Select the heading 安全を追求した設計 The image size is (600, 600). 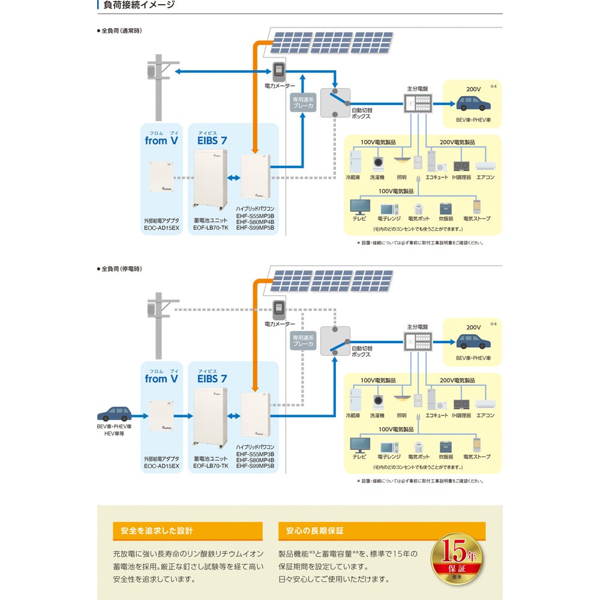pyautogui.click(x=157, y=531)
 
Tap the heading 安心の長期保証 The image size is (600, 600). pyautogui.click(x=315, y=531)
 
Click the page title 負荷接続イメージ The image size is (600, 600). pyautogui.click(x=139, y=5)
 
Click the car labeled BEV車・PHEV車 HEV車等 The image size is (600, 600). pyautogui.click(x=114, y=413)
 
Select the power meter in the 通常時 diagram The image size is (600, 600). pyautogui.click(x=277, y=71)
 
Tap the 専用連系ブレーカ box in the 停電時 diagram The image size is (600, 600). pyautogui.click(x=303, y=341)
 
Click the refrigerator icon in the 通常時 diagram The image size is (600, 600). pyautogui.click(x=354, y=162)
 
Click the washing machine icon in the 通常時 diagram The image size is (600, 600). pyautogui.click(x=379, y=164)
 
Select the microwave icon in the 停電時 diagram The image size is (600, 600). pyautogui.click(x=389, y=447)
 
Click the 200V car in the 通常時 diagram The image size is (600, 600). pyautogui.click(x=473, y=103)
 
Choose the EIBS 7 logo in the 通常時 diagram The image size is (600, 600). pyautogui.click(x=212, y=141)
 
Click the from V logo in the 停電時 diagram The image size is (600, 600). pyautogui.click(x=161, y=379)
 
